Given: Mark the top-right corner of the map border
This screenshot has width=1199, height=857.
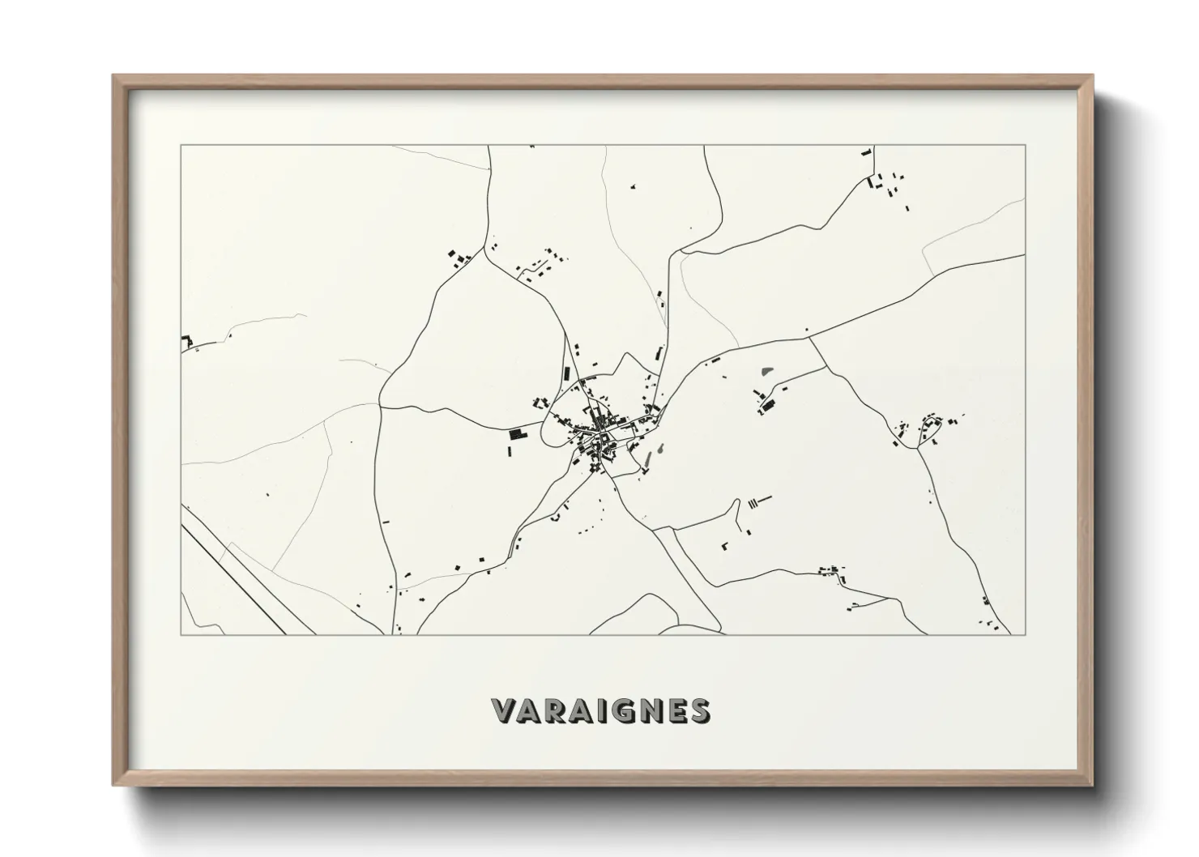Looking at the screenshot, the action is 1026,146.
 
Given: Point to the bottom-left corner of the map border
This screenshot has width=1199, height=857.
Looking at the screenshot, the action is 181,634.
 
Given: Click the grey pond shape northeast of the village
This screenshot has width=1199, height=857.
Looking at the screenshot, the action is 767,373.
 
